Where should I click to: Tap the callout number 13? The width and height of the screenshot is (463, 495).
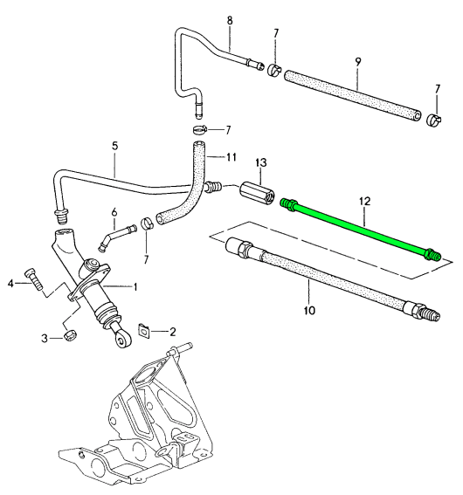pyautogui.click(x=259, y=162)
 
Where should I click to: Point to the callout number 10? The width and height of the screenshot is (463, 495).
pyautogui.click(x=309, y=309)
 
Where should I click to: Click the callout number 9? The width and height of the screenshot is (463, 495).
pyautogui.click(x=357, y=62)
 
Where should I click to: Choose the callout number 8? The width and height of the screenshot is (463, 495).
pyautogui.click(x=230, y=18)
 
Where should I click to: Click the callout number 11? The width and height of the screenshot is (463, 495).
pyautogui.click(x=231, y=156)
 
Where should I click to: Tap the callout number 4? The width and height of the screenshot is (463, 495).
pyautogui.click(x=10, y=282)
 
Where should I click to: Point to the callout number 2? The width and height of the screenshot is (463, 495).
pyautogui.click(x=173, y=332)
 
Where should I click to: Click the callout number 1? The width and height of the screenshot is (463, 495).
pyautogui.click(x=135, y=285)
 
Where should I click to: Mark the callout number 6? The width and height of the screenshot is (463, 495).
pyautogui.click(x=114, y=212)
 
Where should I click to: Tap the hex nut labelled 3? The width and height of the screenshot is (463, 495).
pyautogui.click(x=71, y=335)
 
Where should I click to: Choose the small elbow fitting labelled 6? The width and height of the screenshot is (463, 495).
pyautogui.click(x=114, y=236)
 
